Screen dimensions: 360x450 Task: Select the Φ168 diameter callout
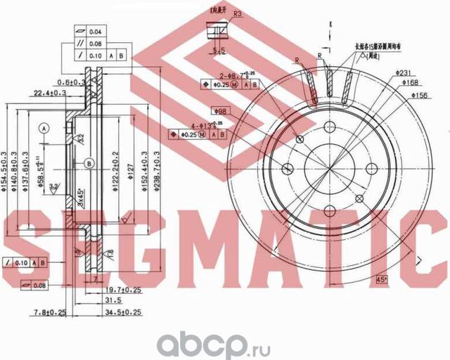[412, 83]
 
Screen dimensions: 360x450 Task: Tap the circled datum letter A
[44, 129]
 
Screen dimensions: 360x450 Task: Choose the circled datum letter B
[89, 164]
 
